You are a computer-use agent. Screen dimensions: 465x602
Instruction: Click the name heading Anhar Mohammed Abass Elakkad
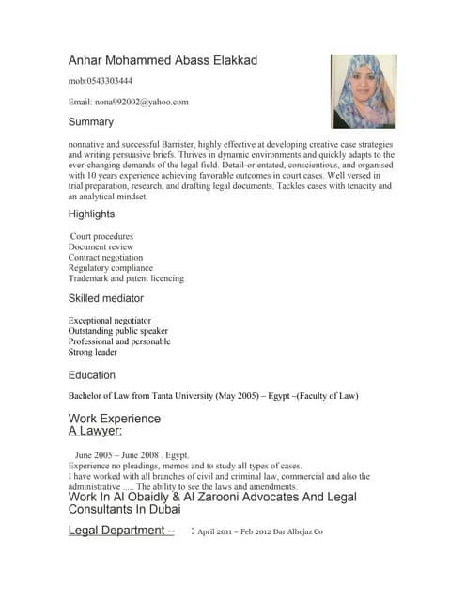click(163, 60)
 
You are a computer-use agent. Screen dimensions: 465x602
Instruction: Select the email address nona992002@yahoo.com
click(129, 102)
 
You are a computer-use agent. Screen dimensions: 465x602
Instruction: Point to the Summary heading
click(91, 122)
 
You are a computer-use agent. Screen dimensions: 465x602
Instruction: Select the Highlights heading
click(91, 214)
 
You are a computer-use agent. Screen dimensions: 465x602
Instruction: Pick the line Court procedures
click(102, 236)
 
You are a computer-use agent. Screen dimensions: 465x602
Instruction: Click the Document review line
click(101, 246)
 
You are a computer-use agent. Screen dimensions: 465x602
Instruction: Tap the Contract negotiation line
click(106, 257)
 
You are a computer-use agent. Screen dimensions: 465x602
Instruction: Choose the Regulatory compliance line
click(110, 268)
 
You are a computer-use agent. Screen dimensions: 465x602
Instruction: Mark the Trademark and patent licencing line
click(126, 278)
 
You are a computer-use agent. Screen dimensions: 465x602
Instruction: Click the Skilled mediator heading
click(106, 298)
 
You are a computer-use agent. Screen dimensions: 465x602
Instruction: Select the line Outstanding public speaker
click(118, 331)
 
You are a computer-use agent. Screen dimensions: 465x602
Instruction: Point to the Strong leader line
click(93, 352)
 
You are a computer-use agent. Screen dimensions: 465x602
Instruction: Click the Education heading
click(92, 374)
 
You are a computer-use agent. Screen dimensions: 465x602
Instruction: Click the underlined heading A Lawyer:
click(95, 431)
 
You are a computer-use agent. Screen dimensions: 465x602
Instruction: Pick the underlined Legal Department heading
click(121, 531)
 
